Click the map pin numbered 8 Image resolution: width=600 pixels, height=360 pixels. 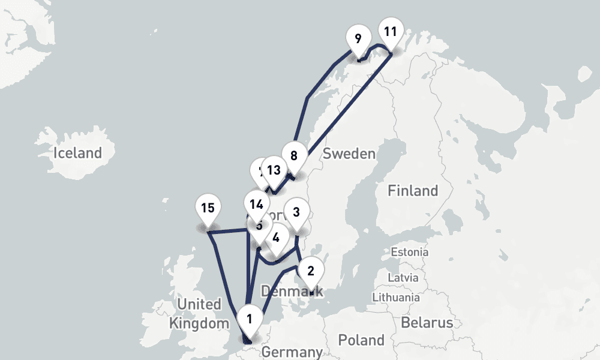293,155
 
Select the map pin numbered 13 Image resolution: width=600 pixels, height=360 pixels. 274,170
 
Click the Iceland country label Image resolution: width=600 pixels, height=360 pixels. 77,152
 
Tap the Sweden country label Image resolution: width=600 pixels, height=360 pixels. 349,154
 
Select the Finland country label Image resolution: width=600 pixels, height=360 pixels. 413,191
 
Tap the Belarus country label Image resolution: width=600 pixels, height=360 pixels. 427,323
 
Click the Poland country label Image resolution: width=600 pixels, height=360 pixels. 361,340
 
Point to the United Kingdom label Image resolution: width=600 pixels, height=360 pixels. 199,314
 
